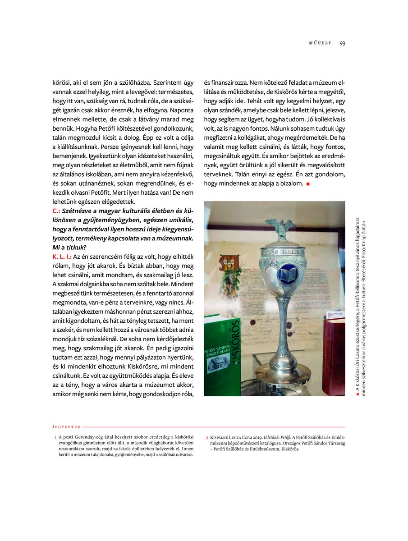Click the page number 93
[x=342, y=43]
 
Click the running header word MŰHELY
[x=320, y=43]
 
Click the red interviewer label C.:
[x=57, y=211]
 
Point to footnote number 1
[x=55, y=437]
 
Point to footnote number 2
[x=207, y=437]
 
